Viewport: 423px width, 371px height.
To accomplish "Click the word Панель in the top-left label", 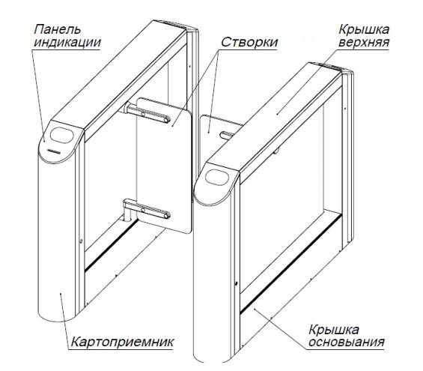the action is click(57, 29).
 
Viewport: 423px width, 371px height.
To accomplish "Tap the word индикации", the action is click(67, 43).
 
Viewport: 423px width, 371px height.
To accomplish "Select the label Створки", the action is click(249, 43).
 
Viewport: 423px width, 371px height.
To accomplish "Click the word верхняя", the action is click(364, 43).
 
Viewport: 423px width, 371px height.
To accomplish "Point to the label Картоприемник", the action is click(122, 342).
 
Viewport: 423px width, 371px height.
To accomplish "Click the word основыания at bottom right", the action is click(347, 342).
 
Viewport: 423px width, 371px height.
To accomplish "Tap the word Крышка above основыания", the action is click(334, 330).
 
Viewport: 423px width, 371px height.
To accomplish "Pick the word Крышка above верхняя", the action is click(364, 29).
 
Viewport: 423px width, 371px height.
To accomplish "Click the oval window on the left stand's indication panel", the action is click(62, 135).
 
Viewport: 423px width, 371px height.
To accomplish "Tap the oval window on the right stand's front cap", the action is click(216, 178).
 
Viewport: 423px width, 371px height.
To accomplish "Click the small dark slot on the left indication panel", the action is click(55, 151).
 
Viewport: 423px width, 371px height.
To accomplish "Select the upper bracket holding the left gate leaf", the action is click(147, 113).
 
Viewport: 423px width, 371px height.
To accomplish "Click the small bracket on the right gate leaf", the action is click(228, 135).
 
